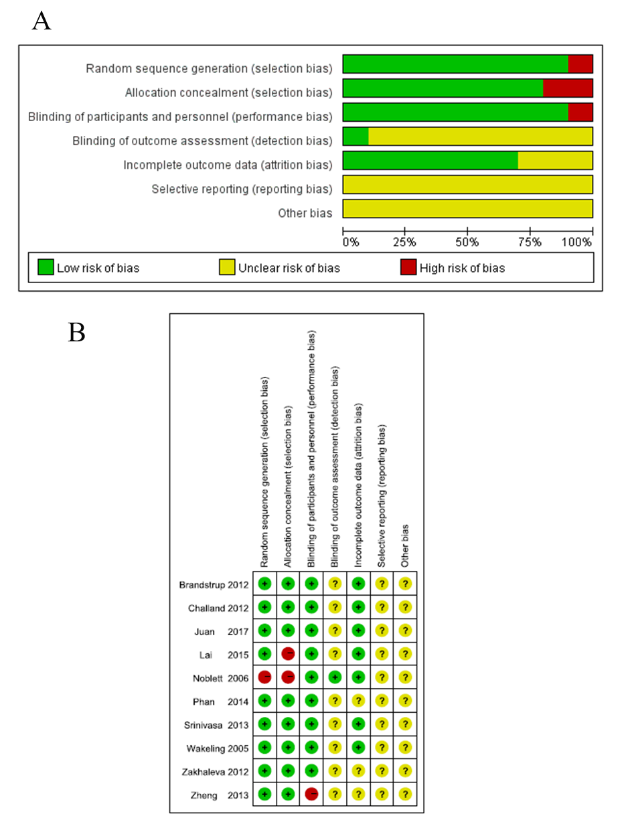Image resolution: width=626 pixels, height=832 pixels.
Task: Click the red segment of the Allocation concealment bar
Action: (568, 88)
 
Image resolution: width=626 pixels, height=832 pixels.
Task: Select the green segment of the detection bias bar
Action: (356, 137)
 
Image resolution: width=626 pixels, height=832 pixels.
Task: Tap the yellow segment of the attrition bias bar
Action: (555, 161)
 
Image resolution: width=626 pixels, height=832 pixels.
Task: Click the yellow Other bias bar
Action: (468, 208)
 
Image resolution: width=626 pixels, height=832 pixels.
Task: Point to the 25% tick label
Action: (404, 242)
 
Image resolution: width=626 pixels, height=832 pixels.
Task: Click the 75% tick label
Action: (530, 242)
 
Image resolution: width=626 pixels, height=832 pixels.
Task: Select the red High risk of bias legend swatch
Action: (408, 267)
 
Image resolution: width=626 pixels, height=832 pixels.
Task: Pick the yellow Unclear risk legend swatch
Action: (227, 267)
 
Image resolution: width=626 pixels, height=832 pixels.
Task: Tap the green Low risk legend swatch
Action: (46, 267)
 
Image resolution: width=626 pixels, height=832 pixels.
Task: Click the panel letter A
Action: (42, 21)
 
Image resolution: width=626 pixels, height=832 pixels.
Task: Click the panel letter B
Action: (76, 332)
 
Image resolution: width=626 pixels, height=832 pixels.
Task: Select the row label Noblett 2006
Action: (220, 679)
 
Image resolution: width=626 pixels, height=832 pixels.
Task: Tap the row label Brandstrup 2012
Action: (214, 585)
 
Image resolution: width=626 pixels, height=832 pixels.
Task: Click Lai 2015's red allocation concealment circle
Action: (288, 654)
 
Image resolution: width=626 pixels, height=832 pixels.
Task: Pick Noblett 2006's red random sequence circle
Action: (264, 677)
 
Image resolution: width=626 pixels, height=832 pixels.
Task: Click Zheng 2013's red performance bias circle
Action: (312, 794)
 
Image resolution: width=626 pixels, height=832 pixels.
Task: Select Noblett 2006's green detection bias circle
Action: (335, 677)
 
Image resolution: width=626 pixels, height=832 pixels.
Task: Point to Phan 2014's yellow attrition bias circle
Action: (358, 701)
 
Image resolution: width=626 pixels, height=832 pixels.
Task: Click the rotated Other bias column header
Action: (405, 546)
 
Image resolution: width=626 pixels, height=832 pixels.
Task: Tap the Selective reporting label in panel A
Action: (242, 189)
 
